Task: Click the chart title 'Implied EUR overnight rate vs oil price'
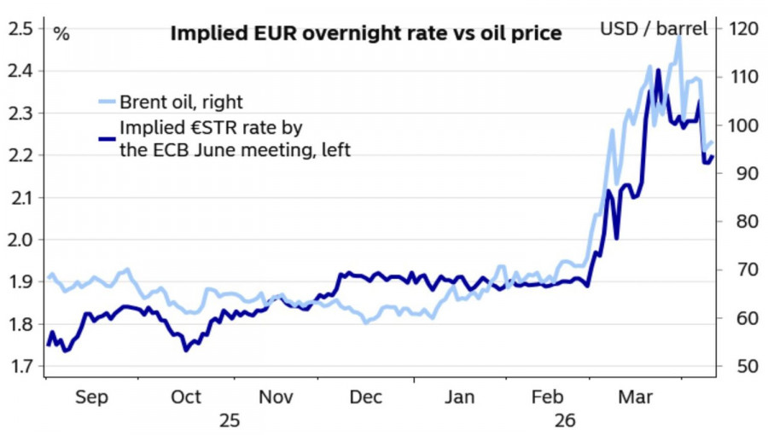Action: pyautogui.click(x=366, y=33)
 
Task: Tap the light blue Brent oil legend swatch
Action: pyautogui.click(x=106, y=102)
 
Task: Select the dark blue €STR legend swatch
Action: pyautogui.click(x=106, y=138)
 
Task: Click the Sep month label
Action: pyautogui.click(x=91, y=397)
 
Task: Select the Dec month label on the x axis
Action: pyautogui.click(x=366, y=397)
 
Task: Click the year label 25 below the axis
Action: pyautogui.click(x=230, y=420)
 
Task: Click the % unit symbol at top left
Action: pyautogui.click(x=61, y=34)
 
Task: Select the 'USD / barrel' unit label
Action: pyautogui.click(x=654, y=29)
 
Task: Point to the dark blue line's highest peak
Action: pyautogui.click(x=659, y=70)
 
